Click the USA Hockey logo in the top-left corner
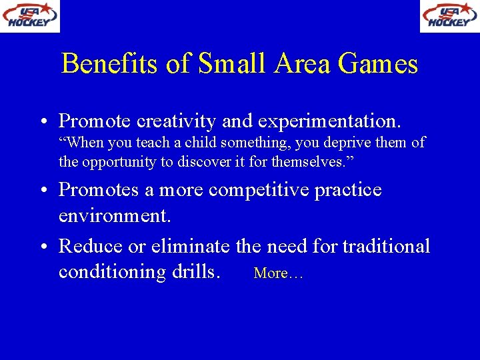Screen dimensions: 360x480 click(x=30, y=16)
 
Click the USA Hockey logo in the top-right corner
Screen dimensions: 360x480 click(x=449, y=16)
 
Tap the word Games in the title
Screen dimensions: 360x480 click(x=378, y=64)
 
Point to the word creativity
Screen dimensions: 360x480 click(x=176, y=121)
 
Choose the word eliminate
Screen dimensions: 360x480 click(x=191, y=246)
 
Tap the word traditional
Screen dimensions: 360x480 click(x=386, y=246)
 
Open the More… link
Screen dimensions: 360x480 click(x=279, y=273)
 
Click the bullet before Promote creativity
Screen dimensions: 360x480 click(x=42, y=122)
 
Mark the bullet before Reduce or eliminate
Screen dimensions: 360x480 click(x=42, y=247)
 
